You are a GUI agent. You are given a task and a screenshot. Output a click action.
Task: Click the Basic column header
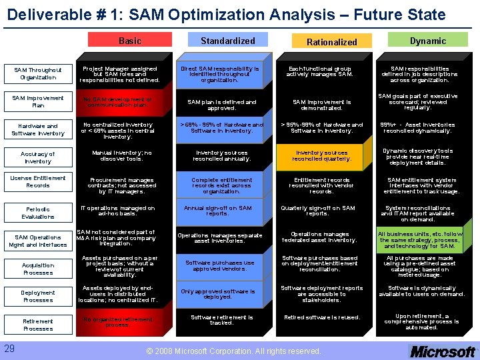(x=130, y=41)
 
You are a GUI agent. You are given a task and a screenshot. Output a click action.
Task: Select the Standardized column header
(x=227, y=41)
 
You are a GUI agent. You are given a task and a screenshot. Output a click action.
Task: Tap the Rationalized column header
(x=331, y=41)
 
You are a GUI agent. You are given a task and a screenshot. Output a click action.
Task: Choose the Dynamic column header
(x=428, y=41)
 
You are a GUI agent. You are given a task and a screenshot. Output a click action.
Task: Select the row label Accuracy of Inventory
(x=38, y=157)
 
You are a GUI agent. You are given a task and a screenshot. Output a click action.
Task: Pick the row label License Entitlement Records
(x=38, y=181)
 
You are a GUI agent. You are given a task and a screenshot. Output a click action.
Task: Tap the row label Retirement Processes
(x=38, y=325)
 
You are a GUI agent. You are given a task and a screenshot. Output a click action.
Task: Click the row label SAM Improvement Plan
(x=38, y=101)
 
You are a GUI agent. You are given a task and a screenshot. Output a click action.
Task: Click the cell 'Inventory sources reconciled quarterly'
(x=321, y=156)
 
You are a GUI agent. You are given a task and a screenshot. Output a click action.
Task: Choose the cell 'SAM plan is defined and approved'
(x=222, y=105)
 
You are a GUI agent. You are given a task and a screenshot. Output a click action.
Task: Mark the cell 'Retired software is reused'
(x=321, y=317)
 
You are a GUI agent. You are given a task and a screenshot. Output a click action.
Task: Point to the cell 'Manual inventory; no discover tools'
(x=117, y=156)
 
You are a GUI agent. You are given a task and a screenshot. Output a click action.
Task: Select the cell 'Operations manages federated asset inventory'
(x=321, y=237)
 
